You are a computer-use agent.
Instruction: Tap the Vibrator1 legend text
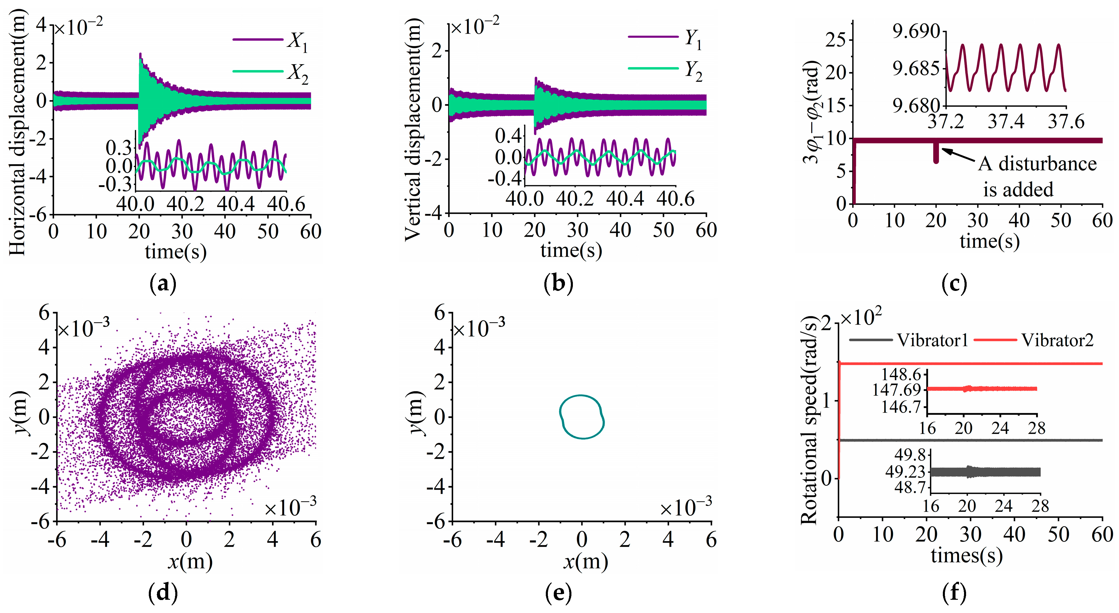(933, 340)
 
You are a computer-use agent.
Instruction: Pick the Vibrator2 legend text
(1057, 340)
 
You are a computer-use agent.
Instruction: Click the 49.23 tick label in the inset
(907, 472)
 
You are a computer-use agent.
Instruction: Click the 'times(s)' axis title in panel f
(967, 556)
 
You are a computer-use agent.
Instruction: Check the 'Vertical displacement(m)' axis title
(413, 130)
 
